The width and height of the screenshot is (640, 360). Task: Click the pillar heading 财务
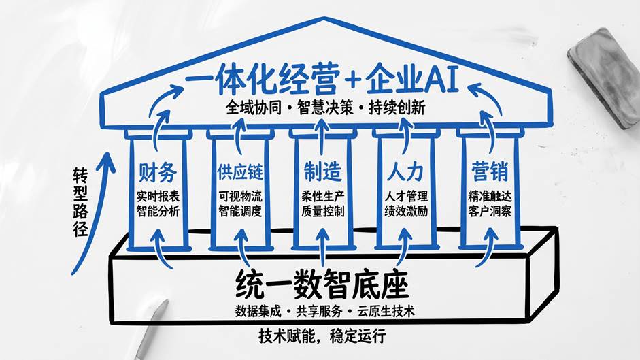(x=158, y=172)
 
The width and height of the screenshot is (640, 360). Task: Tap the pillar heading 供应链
(x=240, y=172)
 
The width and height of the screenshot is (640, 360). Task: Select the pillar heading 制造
(x=322, y=171)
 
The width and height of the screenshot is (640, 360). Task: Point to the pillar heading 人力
(x=405, y=172)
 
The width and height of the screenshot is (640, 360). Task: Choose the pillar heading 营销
(x=490, y=171)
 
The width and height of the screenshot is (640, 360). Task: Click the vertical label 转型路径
(x=80, y=202)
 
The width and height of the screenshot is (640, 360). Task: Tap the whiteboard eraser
(x=605, y=78)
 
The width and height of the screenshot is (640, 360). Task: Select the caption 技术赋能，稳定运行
(x=322, y=336)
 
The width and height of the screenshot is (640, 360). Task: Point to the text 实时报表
(x=158, y=197)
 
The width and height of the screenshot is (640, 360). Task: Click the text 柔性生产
(x=323, y=197)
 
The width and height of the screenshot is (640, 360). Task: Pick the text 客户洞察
(x=490, y=211)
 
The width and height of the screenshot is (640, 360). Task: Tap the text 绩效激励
(x=406, y=211)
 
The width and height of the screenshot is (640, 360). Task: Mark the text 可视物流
(x=240, y=197)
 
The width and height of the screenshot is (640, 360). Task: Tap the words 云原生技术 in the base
(x=386, y=312)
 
